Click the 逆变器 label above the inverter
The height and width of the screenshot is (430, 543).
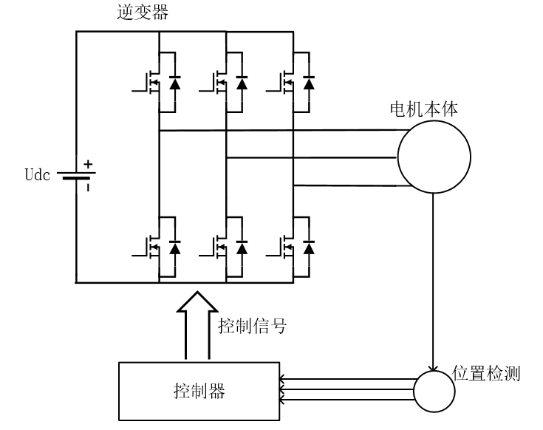point(137,13)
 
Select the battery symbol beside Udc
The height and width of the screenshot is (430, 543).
point(75,177)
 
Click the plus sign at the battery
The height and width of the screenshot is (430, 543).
point(88,165)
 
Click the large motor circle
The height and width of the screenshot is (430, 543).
point(434,158)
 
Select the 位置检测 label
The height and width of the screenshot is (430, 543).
point(486,374)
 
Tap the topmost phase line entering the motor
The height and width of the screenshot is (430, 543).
point(347,130)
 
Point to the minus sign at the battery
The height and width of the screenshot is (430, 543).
point(87,188)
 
